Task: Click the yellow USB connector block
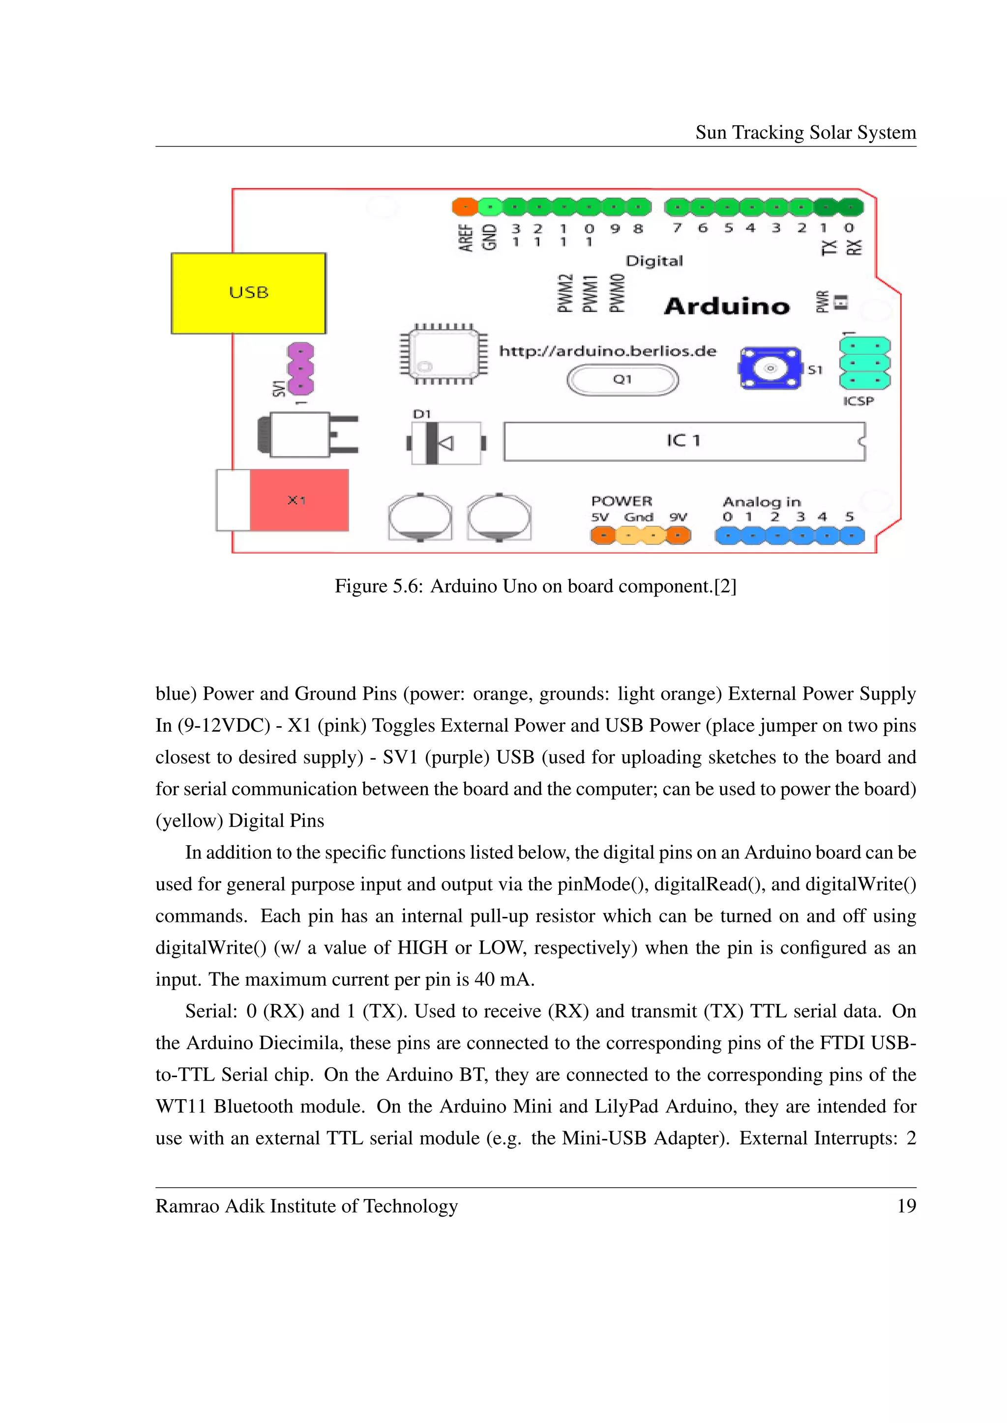248,293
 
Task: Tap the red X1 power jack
298,500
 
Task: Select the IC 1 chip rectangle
683,441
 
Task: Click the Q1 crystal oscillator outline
622,380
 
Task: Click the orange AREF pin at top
465,206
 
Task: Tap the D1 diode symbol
445,443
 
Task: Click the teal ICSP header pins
864,363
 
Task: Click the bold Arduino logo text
727,306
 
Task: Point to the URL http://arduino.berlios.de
607,351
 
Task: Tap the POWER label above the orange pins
622,501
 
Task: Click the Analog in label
762,501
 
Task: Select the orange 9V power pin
679,535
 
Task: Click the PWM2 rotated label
565,293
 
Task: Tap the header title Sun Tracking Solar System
805,133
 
